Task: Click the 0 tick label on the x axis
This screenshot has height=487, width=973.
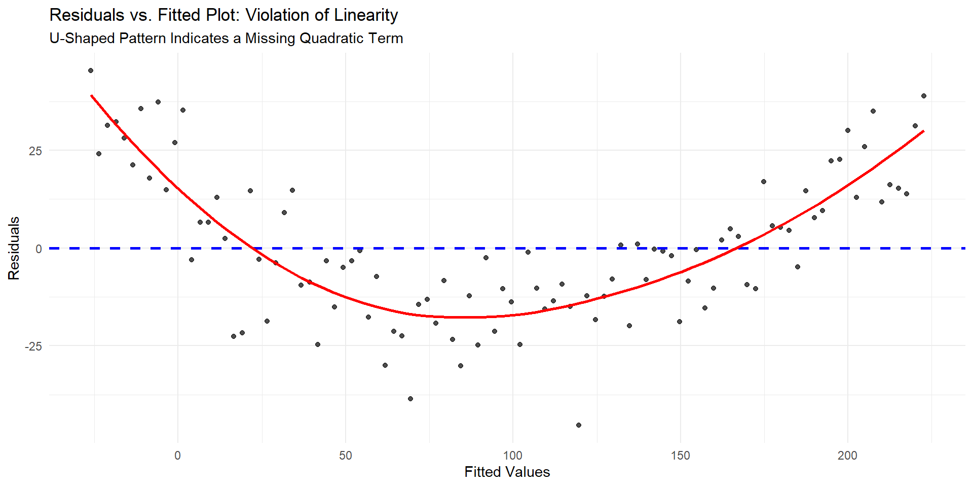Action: (x=177, y=456)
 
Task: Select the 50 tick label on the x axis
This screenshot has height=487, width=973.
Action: (x=345, y=456)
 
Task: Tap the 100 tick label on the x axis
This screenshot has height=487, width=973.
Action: (x=512, y=456)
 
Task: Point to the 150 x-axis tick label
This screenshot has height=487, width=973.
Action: (x=680, y=456)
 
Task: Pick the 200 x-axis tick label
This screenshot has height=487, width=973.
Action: (x=847, y=456)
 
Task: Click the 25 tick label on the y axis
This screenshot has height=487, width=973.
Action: (x=35, y=151)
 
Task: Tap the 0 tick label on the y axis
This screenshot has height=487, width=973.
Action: (x=39, y=249)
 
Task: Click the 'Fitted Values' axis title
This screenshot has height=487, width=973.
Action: (x=507, y=472)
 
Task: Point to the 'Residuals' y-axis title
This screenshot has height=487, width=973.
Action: (x=14, y=248)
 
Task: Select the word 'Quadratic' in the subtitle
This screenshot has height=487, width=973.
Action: (x=332, y=39)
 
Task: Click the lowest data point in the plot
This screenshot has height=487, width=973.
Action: (x=579, y=425)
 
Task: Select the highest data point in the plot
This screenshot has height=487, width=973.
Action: (x=91, y=71)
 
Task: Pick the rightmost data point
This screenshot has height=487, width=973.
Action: (x=924, y=96)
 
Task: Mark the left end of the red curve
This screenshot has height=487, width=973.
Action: (x=91, y=95)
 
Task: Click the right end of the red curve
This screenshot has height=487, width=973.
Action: (x=924, y=131)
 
